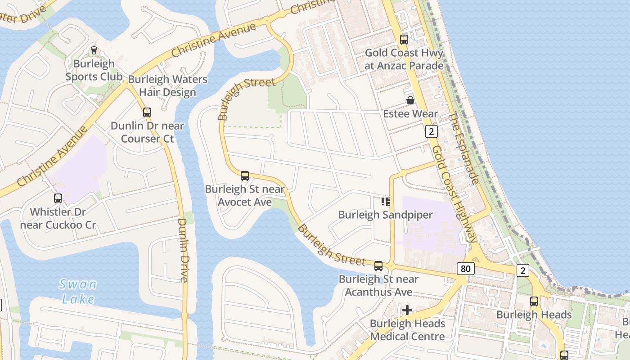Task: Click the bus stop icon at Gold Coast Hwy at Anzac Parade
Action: pyautogui.click(x=404, y=40)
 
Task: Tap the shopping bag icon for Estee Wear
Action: pyautogui.click(x=410, y=100)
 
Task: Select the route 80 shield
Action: pyautogui.click(x=465, y=269)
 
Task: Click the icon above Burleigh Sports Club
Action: pyautogui.click(x=94, y=50)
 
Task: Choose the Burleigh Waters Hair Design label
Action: pyautogui.click(x=167, y=86)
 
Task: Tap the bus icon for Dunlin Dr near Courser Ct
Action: pyautogui.click(x=147, y=112)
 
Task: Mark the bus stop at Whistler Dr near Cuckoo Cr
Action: pyautogui.click(x=58, y=198)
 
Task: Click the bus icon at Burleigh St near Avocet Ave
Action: pyautogui.click(x=245, y=176)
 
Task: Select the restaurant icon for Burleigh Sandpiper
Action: pyautogui.click(x=385, y=202)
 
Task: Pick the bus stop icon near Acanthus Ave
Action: pyautogui.click(x=378, y=266)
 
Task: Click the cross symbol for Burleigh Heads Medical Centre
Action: pyautogui.click(x=407, y=310)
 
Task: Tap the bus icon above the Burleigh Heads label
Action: pyautogui.click(x=534, y=301)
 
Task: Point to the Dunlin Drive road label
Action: pyautogui.click(x=183, y=250)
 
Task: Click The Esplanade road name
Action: pyautogui.click(x=463, y=148)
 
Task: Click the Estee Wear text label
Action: pyautogui.click(x=410, y=114)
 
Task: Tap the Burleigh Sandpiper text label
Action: pyautogui.click(x=385, y=215)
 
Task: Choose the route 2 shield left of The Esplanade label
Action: pyautogui.click(x=431, y=131)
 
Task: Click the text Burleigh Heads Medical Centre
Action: pyautogui.click(x=407, y=330)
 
